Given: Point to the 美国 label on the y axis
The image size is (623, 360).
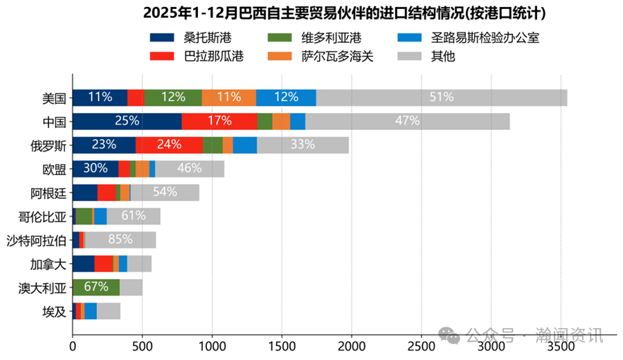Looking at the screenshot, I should pyautogui.click(x=54, y=98).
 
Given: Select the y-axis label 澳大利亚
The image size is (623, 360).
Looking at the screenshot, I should pyautogui.click(x=43, y=288).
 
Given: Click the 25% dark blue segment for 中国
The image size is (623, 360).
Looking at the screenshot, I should pyautogui.click(x=127, y=121).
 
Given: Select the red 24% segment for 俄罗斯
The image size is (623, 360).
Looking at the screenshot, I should pyautogui.click(x=169, y=145).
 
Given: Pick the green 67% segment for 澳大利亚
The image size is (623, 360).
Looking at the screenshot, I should pyautogui.click(x=96, y=288).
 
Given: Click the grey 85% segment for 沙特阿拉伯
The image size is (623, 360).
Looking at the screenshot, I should pyautogui.click(x=120, y=240).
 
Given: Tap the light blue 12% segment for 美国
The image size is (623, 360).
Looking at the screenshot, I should pyautogui.click(x=286, y=98).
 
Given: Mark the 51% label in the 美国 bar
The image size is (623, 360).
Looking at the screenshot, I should pyautogui.click(x=441, y=98).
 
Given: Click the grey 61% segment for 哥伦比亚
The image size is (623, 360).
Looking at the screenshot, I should pyautogui.click(x=134, y=216).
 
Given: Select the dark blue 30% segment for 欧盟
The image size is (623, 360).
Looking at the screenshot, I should pyautogui.click(x=95, y=169).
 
